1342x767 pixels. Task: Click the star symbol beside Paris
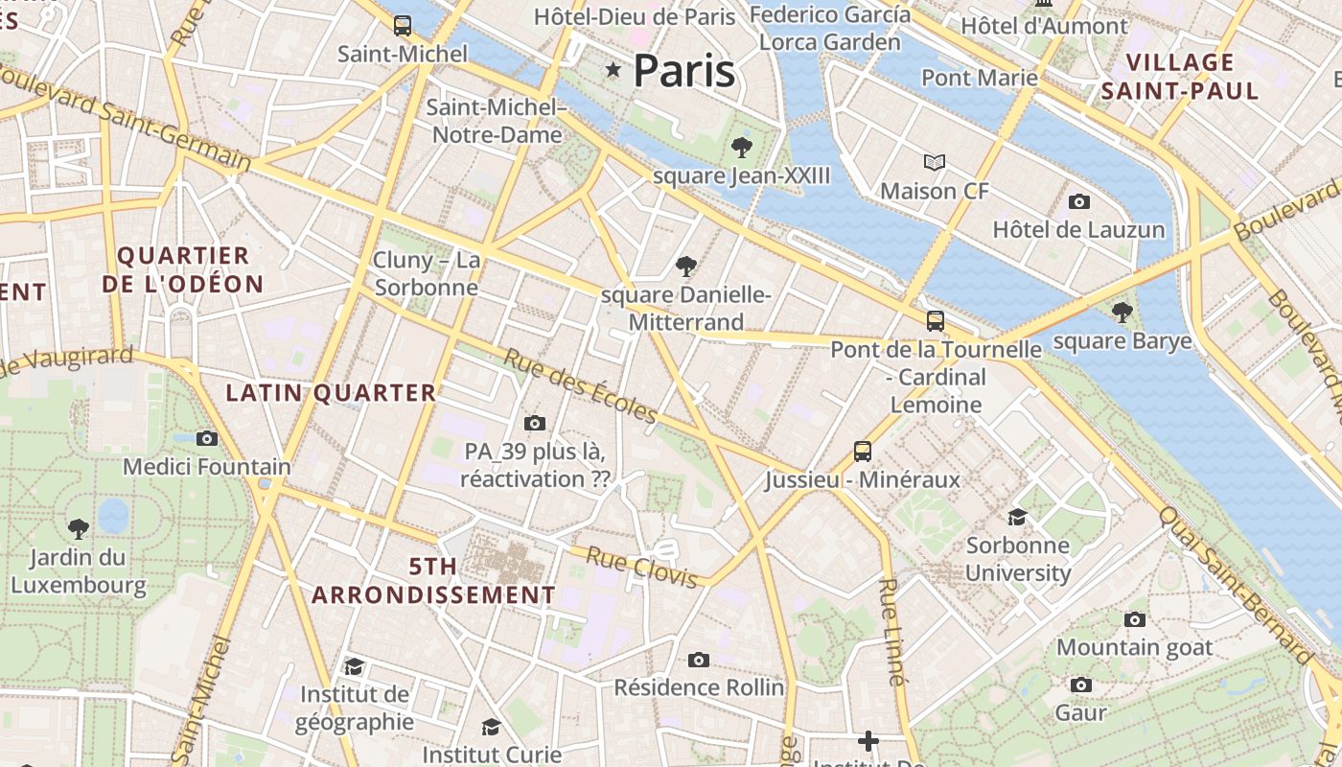pos(613,70)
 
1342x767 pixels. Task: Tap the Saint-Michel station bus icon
pos(403,26)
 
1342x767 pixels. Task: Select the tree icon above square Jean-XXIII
pos(741,148)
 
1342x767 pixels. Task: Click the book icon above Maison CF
pos(935,163)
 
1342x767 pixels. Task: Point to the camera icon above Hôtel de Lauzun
pos(1079,201)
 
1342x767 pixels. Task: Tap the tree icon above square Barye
pos(1122,313)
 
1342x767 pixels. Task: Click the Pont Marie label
pos(980,78)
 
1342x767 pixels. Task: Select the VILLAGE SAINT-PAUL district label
pos(1179,77)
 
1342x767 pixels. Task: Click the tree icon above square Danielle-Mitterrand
pos(685,266)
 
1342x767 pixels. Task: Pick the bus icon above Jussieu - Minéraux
pos(863,451)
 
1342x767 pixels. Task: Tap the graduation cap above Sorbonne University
pos(1017,517)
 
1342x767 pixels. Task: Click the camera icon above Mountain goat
pos(1135,619)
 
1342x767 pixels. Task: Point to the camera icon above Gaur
pos(1081,685)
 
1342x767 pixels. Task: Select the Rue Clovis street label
pos(641,567)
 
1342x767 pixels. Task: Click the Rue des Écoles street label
pos(581,386)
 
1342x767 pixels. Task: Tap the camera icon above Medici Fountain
pos(207,438)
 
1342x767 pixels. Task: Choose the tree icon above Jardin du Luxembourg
pos(79,527)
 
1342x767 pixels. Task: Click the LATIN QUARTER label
pos(331,392)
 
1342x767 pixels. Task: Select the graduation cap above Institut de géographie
pos(354,666)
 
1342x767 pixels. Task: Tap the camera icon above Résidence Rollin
pos(699,660)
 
